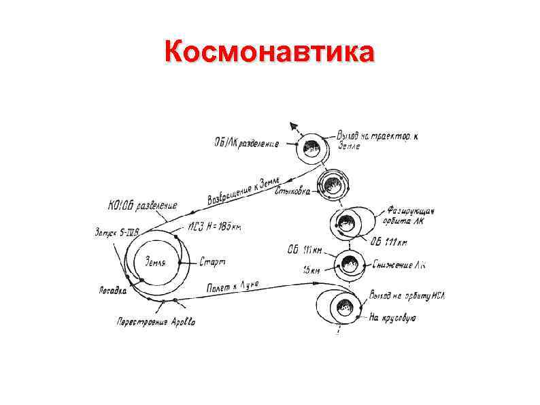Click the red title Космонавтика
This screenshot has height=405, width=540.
coord(269,52)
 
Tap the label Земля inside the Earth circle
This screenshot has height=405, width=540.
coord(156,262)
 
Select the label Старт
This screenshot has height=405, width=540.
coord(212,261)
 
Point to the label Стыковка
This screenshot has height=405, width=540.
coord(292,193)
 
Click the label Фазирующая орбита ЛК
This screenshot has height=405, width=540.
coord(411,217)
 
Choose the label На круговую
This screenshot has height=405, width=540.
coord(392,317)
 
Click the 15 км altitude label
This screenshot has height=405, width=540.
coord(311,271)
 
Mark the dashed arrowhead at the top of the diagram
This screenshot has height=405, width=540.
coord(293,126)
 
